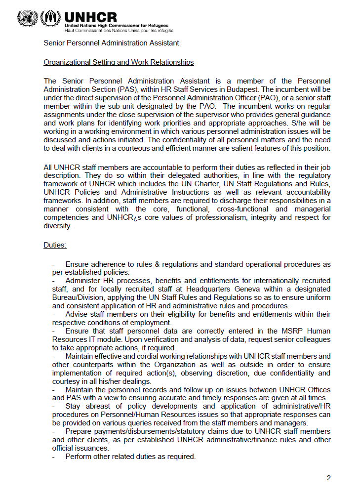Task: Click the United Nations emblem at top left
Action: click(x=27, y=18)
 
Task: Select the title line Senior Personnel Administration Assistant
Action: click(x=111, y=43)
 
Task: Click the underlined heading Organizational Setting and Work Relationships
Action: click(x=119, y=62)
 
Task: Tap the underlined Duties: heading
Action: click(x=55, y=245)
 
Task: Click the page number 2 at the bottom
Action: click(x=328, y=478)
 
